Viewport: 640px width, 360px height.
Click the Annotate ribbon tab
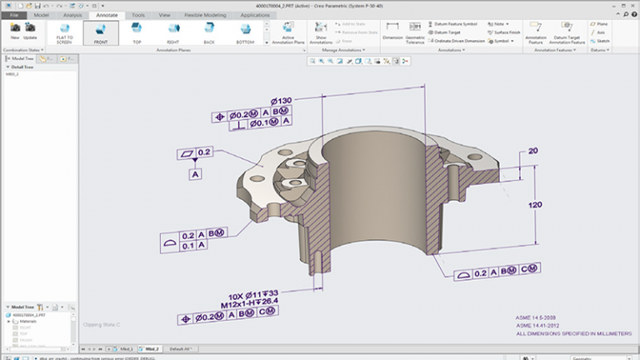pyautogui.click(x=107, y=15)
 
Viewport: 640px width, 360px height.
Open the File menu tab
pyautogui.click(x=14, y=15)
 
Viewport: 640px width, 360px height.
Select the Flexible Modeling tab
pyautogui.click(x=206, y=15)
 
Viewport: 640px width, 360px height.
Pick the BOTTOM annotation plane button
pyautogui.click(x=245, y=33)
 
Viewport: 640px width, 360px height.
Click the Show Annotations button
pyautogui.click(x=321, y=34)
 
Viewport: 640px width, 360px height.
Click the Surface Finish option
pyautogui.click(x=505, y=32)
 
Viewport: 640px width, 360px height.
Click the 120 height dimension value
pyautogui.click(x=537, y=205)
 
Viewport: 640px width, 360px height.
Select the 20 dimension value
pyautogui.click(x=532, y=150)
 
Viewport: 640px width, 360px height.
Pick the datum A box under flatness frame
pyautogui.click(x=196, y=174)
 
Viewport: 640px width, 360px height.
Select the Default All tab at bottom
pyautogui.click(x=180, y=348)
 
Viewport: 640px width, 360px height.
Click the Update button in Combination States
pyautogui.click(x=31, y=32)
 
